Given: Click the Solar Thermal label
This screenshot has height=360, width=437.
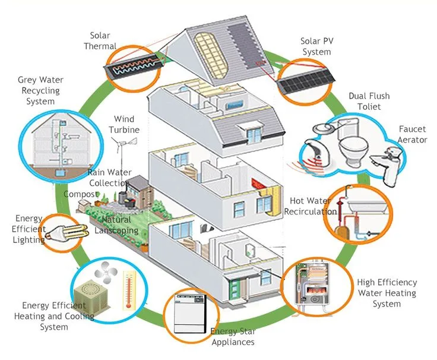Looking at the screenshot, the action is tap(100, 41).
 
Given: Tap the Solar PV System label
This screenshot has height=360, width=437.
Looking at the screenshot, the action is tap(317, 46).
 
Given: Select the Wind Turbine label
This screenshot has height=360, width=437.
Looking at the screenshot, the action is tap(124, 124).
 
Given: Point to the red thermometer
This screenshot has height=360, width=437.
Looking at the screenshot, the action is tap(129, 290).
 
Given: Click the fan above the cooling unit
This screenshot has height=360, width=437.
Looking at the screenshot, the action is tap(106, 271).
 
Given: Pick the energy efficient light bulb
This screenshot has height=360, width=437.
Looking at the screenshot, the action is tap(66, 232).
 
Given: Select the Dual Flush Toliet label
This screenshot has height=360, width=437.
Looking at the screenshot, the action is tap(369, 101).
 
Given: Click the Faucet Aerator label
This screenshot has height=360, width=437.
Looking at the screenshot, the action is tap(412, 134).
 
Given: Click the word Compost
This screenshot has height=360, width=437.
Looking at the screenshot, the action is tap(81, 194).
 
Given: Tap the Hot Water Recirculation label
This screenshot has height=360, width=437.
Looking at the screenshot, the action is tap(310, 206).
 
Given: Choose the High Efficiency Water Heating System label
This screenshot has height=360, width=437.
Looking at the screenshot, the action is tap(387, 293).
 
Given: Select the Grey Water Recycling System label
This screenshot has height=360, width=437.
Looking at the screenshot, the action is tap(40, 90).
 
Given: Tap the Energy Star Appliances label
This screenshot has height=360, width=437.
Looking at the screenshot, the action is tap(233, 337).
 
